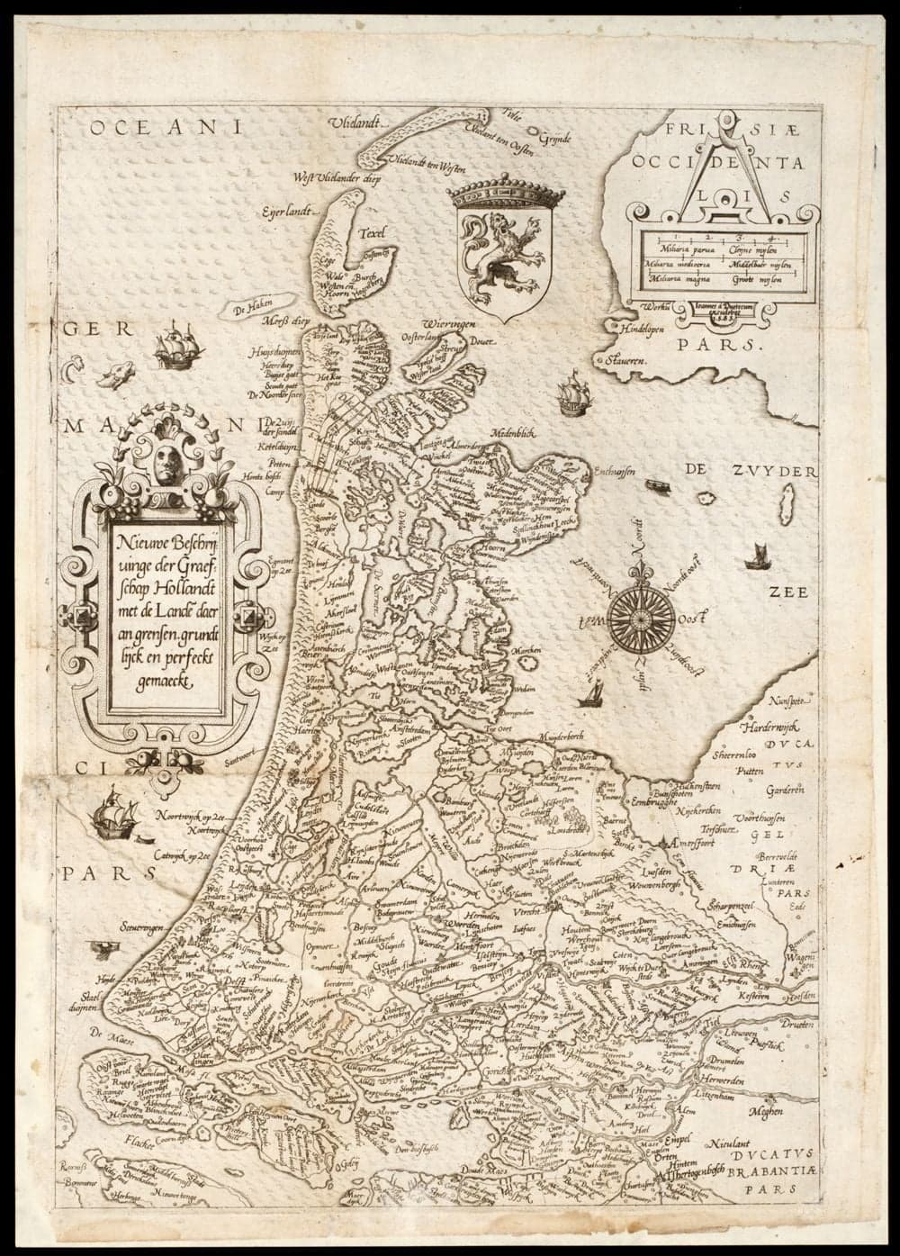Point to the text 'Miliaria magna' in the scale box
click(x=670, y=282)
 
